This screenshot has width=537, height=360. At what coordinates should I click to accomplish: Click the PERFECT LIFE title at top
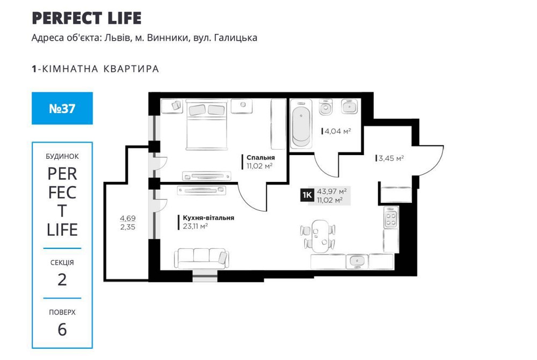[86, 18]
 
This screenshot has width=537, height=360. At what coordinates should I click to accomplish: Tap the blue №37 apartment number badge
[62, 108]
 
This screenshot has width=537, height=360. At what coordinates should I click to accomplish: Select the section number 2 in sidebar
[62, 279]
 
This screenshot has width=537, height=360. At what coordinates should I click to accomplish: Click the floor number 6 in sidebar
[62, 329]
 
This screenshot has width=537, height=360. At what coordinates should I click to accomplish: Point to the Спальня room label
[260, 158]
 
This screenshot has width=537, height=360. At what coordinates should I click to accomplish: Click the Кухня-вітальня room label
[208, 218]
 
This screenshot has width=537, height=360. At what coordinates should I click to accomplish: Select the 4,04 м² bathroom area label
[336, 130]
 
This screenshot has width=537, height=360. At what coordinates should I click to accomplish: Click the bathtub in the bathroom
[301, 127]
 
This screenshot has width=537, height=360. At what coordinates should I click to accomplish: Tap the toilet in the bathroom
[325, 108]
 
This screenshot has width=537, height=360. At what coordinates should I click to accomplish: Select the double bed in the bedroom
[206, 124]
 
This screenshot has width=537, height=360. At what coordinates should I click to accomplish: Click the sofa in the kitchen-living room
[201, 258]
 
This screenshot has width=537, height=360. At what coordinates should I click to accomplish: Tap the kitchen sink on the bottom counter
[355, 261]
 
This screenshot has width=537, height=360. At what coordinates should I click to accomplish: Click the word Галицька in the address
[233, 38]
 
